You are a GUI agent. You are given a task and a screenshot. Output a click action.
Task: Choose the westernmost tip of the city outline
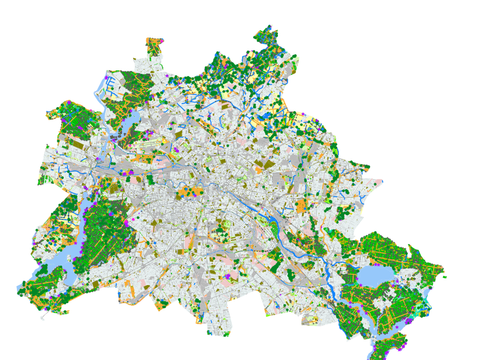[19, 290]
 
